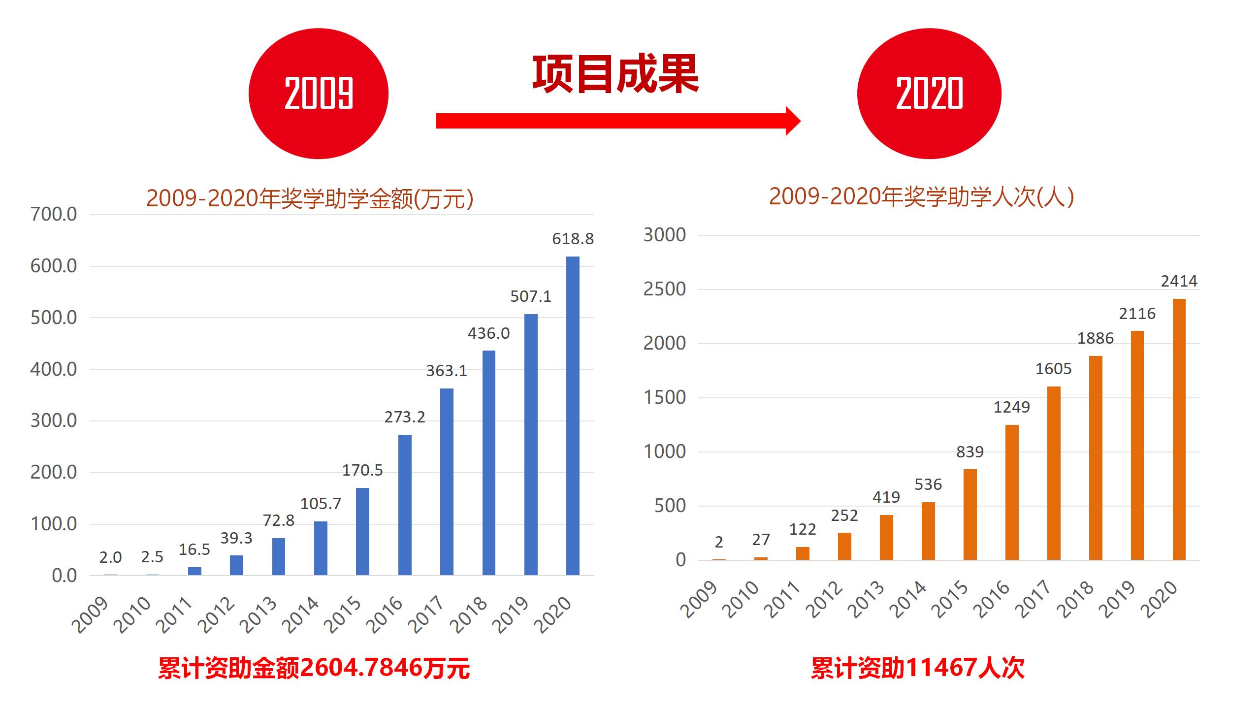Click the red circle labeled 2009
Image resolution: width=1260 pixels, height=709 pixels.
(319, 94)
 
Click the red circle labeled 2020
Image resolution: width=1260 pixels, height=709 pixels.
(929, 94)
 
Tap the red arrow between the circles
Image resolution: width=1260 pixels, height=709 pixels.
(615, 121)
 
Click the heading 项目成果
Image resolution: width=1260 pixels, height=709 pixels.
(615, 75)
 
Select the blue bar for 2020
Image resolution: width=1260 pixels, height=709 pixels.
(573, 416)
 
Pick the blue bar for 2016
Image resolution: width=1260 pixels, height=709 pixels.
(405, 505)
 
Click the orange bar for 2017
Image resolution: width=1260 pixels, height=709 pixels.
(1054, 473)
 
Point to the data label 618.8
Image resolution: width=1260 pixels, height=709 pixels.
(573, 239)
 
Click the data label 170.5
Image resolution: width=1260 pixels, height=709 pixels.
(362, 470)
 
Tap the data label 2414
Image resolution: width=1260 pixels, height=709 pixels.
(1179, 281)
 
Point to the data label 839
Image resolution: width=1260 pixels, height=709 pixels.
(970, 452)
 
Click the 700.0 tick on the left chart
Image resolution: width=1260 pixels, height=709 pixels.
(54, 215)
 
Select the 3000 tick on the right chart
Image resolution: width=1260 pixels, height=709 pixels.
(665, 235)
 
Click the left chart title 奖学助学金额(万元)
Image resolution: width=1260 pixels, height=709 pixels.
(310, 198)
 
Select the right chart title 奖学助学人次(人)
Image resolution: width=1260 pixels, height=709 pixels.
(921, 196)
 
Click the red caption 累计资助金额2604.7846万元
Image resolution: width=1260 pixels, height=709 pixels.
(314, 668)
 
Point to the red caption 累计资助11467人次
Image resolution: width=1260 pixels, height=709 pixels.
(917, 668)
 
